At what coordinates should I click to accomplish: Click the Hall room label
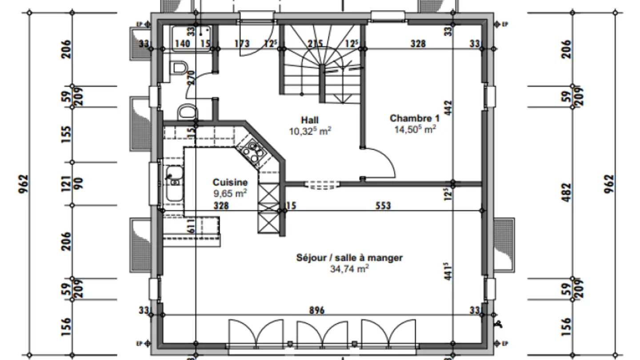click(x=310, y=120)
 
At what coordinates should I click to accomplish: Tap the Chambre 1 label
click(x=414, y=118)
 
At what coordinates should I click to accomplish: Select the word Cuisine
click(x=230, y=182)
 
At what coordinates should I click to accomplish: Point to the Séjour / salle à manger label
click(x=349, y=258)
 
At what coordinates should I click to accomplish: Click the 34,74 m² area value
click(x=349, y=268)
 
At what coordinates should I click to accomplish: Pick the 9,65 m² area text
click(x=230, y=193)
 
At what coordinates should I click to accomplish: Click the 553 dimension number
click(x=383, y=205)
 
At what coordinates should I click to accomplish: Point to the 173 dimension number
click(x=241, y=44)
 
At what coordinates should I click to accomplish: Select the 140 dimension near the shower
click(x=183, y=44)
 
